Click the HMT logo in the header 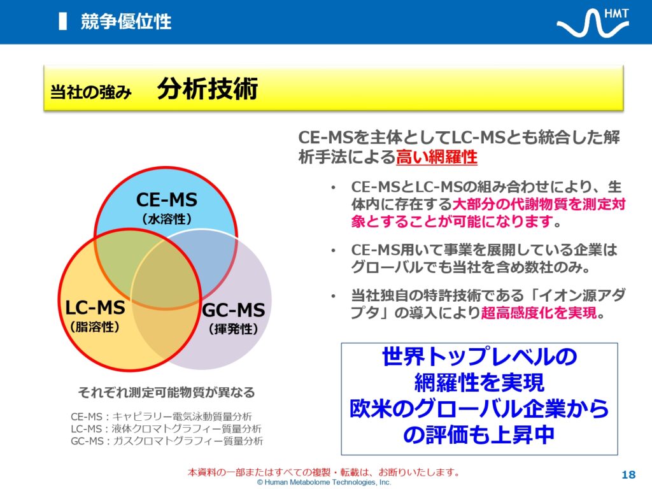[593, 22]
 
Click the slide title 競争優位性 [126, 22]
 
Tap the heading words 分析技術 [208, 89]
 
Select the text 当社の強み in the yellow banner [90, 92]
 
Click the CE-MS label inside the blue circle [167, 200]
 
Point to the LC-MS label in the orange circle [96, 308]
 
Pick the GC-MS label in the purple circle [233, 310]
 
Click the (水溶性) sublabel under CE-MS [167, 219]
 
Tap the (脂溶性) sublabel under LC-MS [95, 327]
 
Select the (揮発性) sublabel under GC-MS [233, 329]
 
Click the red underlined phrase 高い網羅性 [437, 157]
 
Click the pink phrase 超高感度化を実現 [539, 313]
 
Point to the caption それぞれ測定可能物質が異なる [166, 392]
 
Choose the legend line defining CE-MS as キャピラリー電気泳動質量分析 [161, 416]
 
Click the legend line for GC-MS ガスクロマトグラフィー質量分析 [167, 441]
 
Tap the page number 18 [628, 475]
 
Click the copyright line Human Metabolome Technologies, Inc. [324, 483]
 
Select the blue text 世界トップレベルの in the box [479, 357]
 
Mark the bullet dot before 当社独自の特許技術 [333, 297]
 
